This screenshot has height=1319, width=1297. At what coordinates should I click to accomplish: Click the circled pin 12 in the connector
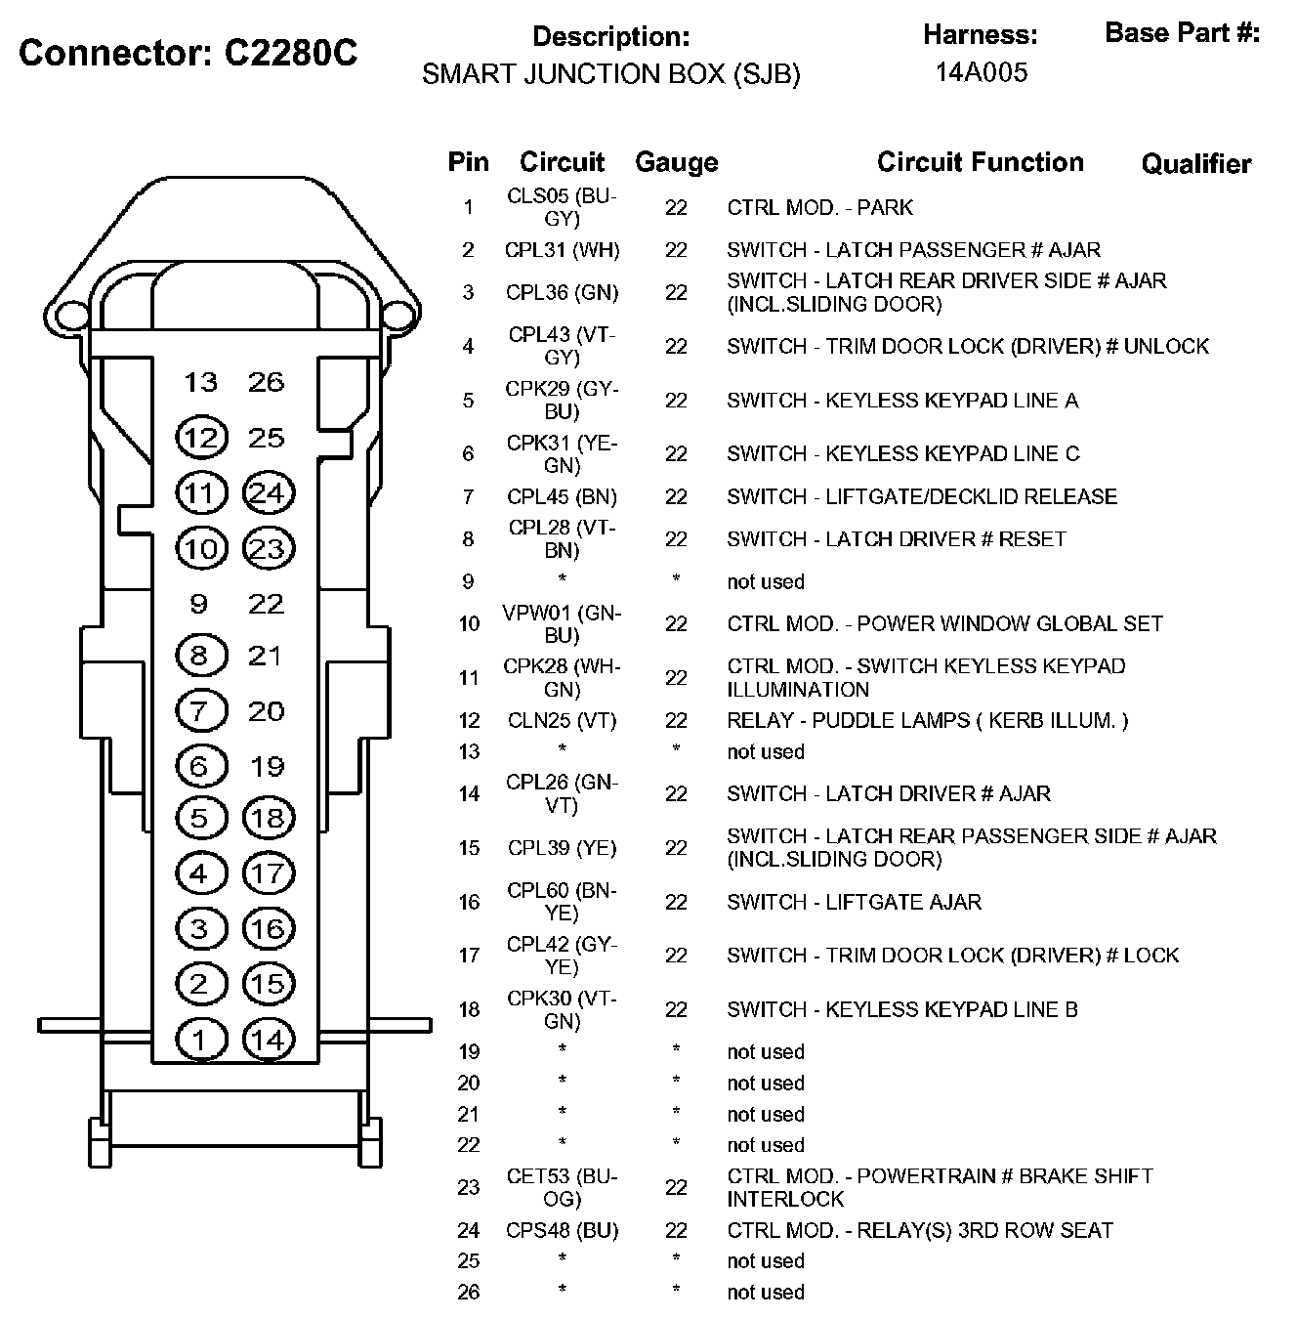point(200,438)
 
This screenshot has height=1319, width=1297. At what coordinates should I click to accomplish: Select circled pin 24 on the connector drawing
point(267,493)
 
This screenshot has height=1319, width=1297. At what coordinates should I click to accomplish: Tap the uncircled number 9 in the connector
point(199,604)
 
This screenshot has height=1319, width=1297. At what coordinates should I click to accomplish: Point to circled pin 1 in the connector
point(200,1040)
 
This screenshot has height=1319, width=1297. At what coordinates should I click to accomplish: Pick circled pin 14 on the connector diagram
point(267,1040)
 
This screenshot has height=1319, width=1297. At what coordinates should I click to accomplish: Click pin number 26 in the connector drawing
point(266,382)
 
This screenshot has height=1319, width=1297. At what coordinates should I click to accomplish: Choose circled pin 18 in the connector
point(267,818)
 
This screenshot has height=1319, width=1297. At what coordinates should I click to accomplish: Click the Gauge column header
point(676,162)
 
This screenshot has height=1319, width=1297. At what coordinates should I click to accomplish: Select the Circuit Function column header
point(980,162)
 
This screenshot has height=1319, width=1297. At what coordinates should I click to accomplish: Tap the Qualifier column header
point(1195,164)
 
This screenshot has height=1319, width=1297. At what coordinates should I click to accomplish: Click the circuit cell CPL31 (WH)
point(562,250)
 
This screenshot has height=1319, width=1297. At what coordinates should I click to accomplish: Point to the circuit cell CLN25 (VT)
point(562,721)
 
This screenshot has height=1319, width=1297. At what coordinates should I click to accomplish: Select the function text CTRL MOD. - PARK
point(819,207)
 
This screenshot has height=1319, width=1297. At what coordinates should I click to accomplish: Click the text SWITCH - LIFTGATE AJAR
point(854,902)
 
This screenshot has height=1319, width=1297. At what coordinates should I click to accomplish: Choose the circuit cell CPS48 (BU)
point(562,1230)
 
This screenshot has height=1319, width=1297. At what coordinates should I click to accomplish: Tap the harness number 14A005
point(981,72)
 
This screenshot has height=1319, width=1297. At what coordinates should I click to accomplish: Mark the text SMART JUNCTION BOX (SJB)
point(610,74)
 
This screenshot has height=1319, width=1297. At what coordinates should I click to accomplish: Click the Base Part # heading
point(1182,33)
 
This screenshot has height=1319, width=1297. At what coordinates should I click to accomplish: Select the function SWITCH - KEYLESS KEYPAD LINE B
point(901,1009)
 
